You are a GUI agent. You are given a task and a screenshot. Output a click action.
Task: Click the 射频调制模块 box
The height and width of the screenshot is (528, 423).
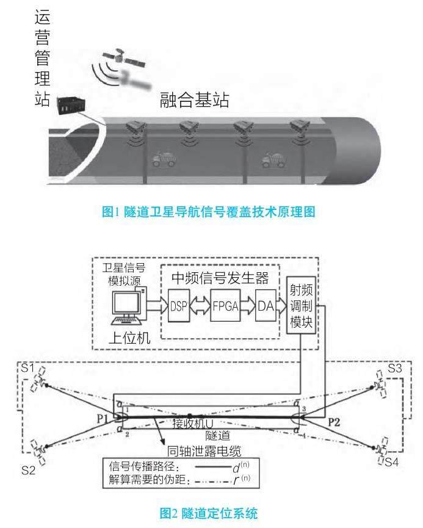click(x=300, y=304)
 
